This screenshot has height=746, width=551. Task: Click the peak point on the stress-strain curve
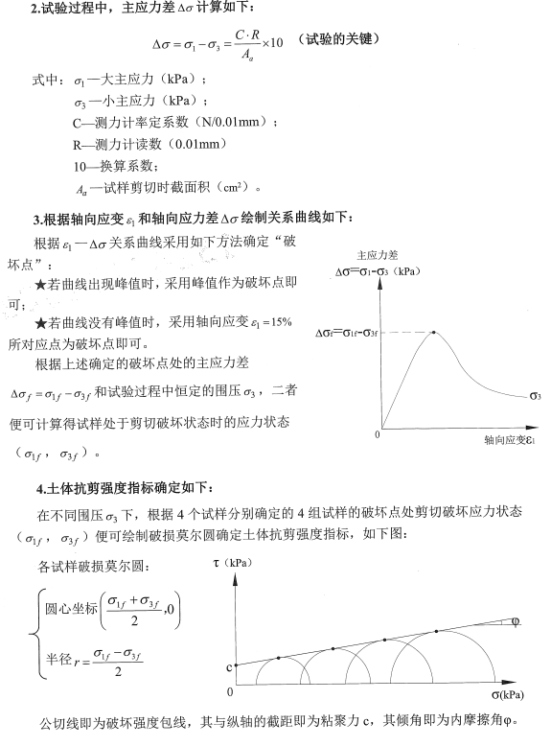coord(435,333)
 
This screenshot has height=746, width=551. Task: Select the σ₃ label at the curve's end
coord(534,394)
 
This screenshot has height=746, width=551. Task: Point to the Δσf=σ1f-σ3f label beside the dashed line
coord(348,334)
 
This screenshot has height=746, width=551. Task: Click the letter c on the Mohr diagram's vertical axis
coord(229,665)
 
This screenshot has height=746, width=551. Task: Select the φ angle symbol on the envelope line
coord(517,622)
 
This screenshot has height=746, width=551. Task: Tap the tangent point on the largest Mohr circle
coord(437,630)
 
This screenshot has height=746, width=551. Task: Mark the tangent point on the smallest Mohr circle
coord(279,658)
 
